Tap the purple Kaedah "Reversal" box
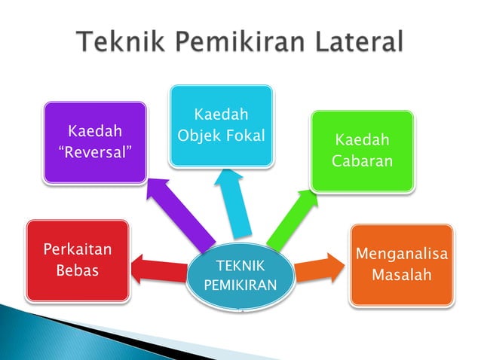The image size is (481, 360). click(x=94, y=142)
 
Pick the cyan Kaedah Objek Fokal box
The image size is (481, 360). click(x=220, y=125)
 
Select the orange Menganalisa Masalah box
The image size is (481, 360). click(x=401, y=264)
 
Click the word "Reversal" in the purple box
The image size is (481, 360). click(x=95, y=153)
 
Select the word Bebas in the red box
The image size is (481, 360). click(x=78, y=269)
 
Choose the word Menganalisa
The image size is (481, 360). click(x=402, y=254)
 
